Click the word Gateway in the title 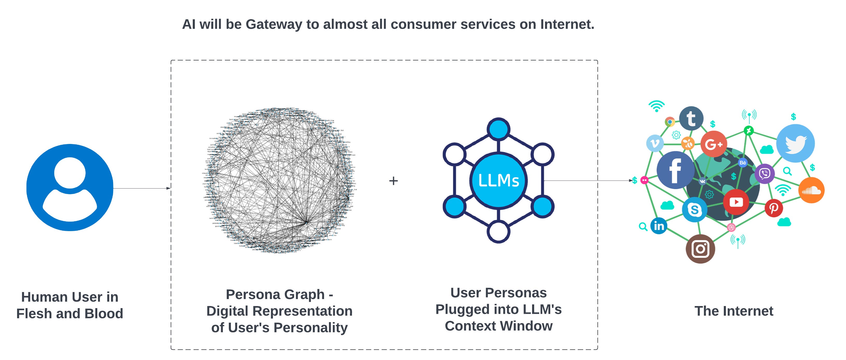tap(274, 24)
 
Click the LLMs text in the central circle tap(499, 181)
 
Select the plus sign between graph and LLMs tap(393, 181)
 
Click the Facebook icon tap(675, 170)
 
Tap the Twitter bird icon tap(795, 143)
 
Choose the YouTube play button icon tap(736, 202)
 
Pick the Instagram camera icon tap(700, 249)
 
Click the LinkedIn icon tap(659, 226)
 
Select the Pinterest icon tap(773, 208)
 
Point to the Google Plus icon tap(713, 144)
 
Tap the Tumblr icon tap(691, 118)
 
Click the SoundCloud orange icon tap(811, 190)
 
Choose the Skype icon tap(694, 210)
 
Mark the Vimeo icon tap(655, 143)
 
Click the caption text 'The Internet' tap(734, 311)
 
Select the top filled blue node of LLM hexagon tap(499, 129)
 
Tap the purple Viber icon tap(765, 174)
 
